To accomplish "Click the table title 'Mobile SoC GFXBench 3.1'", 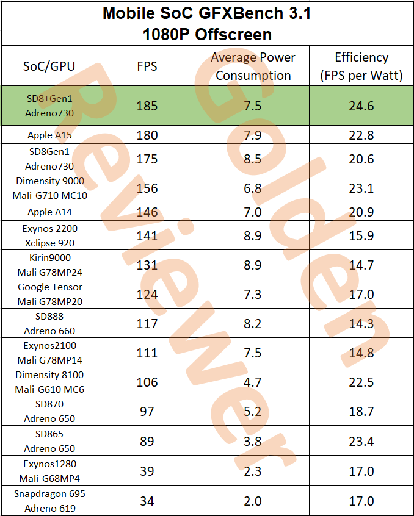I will pos(206,13).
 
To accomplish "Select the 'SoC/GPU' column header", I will pos(49,66).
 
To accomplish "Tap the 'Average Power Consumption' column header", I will pos(253,66).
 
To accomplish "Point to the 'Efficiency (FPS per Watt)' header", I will pos(361,66).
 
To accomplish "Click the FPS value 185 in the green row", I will pos(147,106).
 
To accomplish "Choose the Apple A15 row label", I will pos(49,135).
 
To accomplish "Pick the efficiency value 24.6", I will pos(361,106).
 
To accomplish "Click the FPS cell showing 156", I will pos(147,188).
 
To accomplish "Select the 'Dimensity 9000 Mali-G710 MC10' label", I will pos(49,188).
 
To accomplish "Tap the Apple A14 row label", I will pos(49,212).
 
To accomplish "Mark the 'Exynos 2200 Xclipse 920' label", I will pos(49,235).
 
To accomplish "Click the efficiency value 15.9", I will pos(361,235).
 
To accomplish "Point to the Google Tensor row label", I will pos(49,294).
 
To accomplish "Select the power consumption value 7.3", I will pos(253,294).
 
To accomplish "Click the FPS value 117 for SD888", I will pos(147,323).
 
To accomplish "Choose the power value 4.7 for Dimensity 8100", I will pos(253,382).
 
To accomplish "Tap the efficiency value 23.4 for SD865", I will pos(361,441).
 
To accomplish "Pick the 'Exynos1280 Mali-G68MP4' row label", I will pos(49,470).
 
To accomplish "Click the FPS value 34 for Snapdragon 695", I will pos(147,501).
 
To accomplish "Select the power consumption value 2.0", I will pos(253,501).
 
